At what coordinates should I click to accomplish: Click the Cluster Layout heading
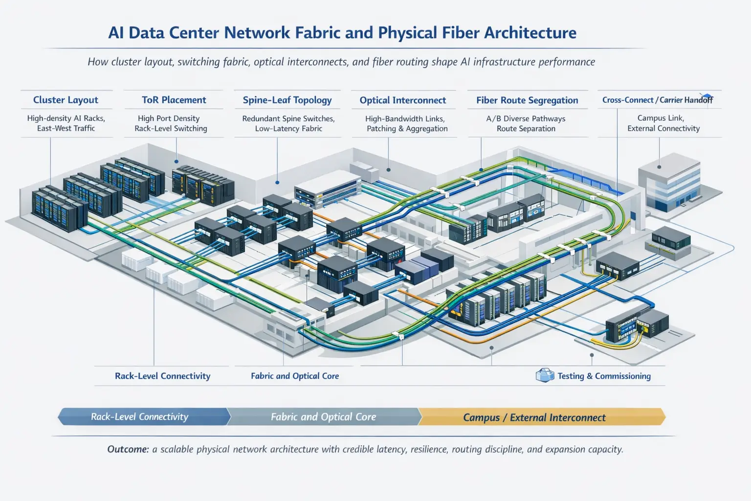coord(66,100)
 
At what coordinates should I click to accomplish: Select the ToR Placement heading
coord(174,100)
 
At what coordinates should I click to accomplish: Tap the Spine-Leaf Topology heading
coord(287,100)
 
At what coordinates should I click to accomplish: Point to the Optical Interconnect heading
coord(403,100)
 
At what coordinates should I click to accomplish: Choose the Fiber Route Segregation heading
coord(527,100)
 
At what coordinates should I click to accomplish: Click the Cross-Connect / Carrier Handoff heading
coord(657,100)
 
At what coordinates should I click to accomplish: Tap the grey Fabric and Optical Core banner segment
coord(323,417)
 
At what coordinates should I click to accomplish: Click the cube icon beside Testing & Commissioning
coord(545,375)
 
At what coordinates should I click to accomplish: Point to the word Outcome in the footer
coord(128,449)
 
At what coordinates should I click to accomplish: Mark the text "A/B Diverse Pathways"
coord(526,119)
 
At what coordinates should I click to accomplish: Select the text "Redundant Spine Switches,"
coord(288,119)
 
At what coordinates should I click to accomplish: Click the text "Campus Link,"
coord(661,118)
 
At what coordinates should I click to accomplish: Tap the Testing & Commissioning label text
coord(604,376)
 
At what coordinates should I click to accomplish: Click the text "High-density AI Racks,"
coord(66,118)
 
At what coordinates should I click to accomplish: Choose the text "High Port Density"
coord(169,118)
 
